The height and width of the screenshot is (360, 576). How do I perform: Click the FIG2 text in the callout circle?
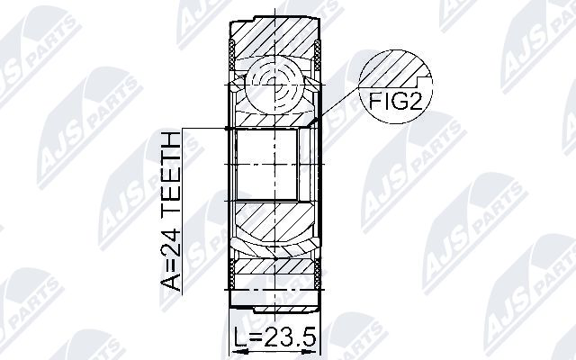coord(395,101)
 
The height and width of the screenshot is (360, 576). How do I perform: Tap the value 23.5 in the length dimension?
coord(290,337)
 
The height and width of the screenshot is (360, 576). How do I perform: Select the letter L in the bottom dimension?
coord(240,337)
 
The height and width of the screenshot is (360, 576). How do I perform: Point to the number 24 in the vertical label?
coord(170,243)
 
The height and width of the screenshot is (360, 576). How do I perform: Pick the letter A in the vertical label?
coord(170,282)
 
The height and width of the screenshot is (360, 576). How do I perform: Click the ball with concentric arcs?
coord(274,85)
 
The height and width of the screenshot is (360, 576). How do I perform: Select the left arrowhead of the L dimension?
coord(236,352)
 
